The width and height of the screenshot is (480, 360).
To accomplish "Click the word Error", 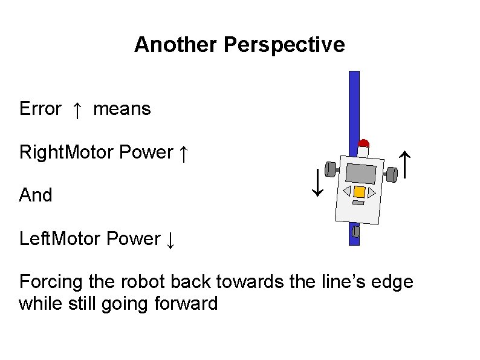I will [x=40, y=109].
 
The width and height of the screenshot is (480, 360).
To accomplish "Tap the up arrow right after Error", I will [x=77, y=110].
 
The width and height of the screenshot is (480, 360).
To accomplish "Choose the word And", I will [x=36, y=195].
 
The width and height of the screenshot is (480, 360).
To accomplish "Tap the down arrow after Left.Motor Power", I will [x=170, y=240].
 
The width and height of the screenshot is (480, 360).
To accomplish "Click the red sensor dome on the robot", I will [x=363, y=144].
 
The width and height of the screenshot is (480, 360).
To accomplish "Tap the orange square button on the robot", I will [x=359, y=192].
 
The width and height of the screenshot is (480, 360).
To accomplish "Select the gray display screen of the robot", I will [x=362, y=174].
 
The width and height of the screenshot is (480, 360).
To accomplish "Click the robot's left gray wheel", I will [x=331, y=169].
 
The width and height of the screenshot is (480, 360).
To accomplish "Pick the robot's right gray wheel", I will [x=391, y=174].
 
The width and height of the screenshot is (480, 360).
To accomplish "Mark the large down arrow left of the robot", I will [x=316, y=183].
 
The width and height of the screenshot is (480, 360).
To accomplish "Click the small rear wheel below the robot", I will [x=355, y=232].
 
